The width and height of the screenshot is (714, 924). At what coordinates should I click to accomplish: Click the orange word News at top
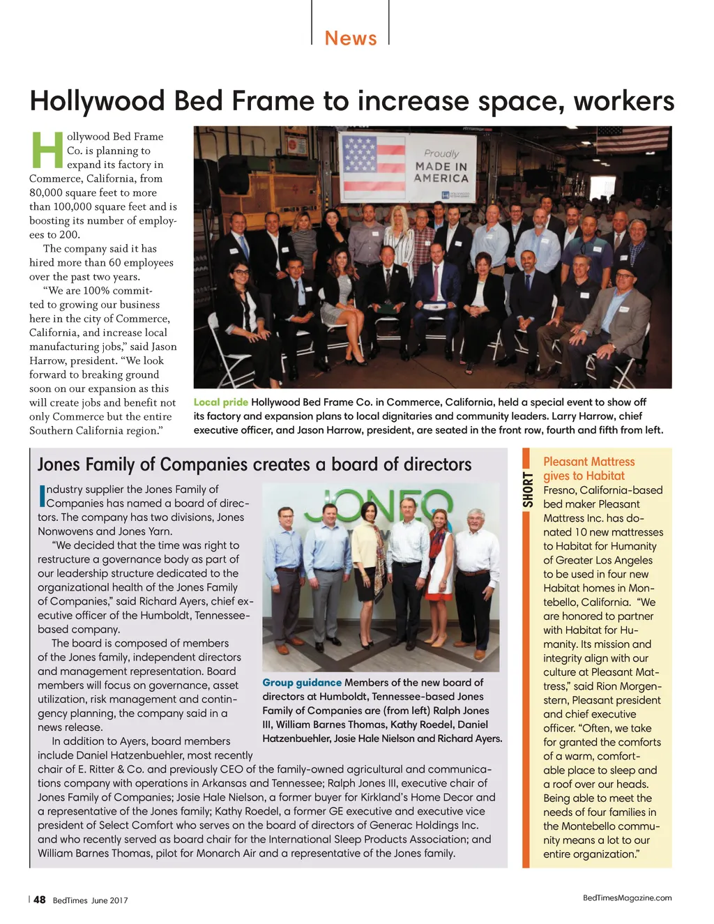point(351,38)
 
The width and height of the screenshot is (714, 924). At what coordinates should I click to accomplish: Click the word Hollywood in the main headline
point(97,101)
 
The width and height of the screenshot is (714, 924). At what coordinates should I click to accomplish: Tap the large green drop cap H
point(47,150)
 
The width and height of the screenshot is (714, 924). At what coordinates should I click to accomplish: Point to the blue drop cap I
point(42,496)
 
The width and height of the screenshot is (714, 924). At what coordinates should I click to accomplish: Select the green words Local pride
point(220,402)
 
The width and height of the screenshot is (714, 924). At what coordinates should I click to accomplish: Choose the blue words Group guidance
point(302,683)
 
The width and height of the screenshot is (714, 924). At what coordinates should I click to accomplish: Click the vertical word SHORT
point(528,490)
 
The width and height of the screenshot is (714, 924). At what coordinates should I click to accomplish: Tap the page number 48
point(40,900)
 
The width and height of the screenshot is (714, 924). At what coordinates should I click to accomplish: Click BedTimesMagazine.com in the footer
point(627,898)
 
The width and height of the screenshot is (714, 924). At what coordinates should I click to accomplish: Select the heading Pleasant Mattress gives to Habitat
point(588,469)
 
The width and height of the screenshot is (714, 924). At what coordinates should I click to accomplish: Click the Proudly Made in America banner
point(408,167)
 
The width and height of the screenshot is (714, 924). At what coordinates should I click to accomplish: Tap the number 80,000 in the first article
point(44,193)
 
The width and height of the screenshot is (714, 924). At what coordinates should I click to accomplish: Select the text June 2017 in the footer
point(109,900)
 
